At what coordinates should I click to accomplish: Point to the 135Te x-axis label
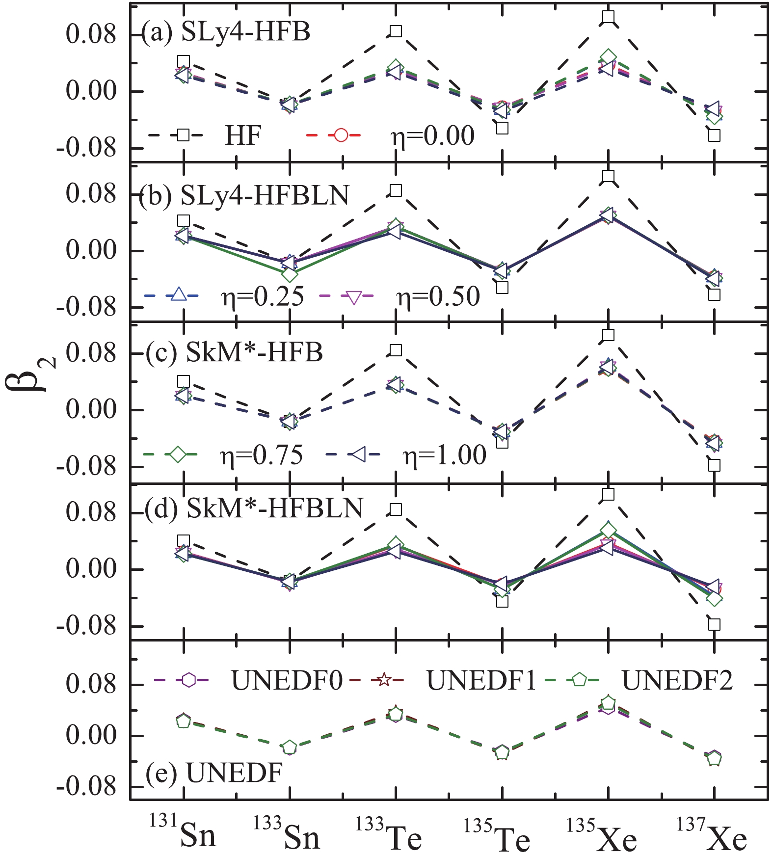(498, 835)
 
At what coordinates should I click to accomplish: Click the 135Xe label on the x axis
(603, 835)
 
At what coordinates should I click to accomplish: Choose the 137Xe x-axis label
(712, 835)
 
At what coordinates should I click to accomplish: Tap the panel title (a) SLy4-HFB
(226, 32)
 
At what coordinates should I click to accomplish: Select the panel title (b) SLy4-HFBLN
(244, 195)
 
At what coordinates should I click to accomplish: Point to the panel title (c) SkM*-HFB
(235, 352)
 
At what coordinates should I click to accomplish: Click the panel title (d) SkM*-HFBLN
(254, 508)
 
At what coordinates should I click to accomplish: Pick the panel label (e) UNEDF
(214, 774)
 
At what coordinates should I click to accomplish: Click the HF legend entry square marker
(183, 134)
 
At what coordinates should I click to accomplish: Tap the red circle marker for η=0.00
(341, 134)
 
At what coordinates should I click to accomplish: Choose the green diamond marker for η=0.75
(178, 454)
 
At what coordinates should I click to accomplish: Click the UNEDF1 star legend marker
(384, 680)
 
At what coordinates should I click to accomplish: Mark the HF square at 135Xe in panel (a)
(608, 17)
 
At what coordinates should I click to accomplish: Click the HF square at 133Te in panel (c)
(396, 350)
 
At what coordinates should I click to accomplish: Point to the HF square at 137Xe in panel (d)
(714, 624)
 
